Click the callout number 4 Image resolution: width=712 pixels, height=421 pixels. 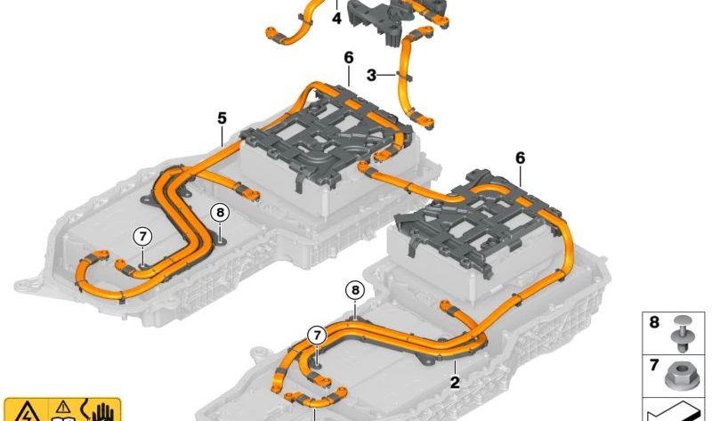point(336,19)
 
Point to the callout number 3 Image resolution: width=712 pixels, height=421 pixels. point(371,76)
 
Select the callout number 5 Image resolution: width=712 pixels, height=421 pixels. point(222,118)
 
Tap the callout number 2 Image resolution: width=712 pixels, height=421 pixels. point(455,383)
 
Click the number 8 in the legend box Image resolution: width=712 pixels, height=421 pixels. point(654,322)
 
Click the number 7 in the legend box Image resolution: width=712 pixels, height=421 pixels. point(654,365)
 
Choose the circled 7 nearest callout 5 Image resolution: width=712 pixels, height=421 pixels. point(142,236)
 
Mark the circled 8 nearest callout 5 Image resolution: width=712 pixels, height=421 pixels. point(220,212)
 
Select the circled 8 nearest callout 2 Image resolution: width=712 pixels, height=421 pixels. point(355,290)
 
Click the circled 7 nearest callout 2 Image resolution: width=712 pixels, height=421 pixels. point(317,336)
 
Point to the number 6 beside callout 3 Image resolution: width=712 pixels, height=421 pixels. point(348,58)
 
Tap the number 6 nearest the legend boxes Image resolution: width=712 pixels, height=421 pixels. point(521,158)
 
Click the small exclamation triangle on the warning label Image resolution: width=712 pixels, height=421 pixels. point(63,407)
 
